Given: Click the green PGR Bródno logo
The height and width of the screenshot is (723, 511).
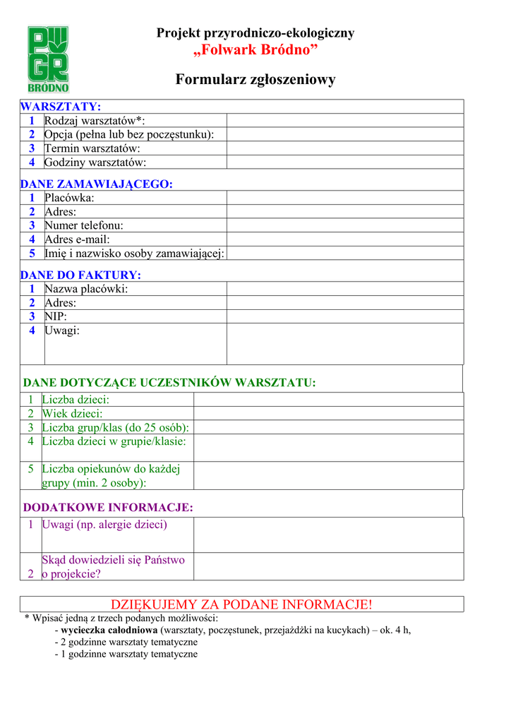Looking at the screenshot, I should coord(48,59).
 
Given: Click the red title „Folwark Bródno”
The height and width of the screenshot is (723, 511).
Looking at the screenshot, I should coord(255,51).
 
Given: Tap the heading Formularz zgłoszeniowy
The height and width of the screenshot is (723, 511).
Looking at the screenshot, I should coord(255,80).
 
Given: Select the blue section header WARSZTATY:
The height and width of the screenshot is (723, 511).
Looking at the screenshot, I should coord(61,107).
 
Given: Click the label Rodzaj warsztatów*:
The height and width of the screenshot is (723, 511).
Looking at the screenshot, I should coord(95,121).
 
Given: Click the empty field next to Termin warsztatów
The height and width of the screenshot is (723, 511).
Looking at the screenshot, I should coord(344,148).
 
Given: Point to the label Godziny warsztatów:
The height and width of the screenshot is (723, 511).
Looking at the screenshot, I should coord(95,162).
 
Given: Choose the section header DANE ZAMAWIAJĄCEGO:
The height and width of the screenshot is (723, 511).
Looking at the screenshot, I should coord(96,184).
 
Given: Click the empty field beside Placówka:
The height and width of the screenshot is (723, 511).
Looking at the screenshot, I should coord(344,198).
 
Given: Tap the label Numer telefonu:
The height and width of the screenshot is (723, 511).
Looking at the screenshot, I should coord(84,225).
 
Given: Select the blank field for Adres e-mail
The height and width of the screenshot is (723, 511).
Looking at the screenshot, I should coord(344,239).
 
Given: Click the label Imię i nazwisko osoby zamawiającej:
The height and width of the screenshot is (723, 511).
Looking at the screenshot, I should coord(135,253).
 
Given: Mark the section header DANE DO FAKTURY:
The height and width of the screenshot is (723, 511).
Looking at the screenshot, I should coord(80,275).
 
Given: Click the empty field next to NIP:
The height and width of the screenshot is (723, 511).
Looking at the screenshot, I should coord(344,316).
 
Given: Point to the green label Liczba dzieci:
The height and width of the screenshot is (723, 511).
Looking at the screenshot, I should coord(76,400).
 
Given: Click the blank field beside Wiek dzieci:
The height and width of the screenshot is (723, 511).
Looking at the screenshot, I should coord(328,414).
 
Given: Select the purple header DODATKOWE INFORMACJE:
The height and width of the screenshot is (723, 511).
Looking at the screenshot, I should coord(108,507).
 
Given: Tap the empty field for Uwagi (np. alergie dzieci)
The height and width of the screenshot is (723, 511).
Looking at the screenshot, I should coord(328,534).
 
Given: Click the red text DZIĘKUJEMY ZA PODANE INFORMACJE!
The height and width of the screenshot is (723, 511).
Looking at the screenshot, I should coord(241,604).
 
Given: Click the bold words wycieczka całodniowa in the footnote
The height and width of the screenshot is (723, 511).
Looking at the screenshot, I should coord(109,631).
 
